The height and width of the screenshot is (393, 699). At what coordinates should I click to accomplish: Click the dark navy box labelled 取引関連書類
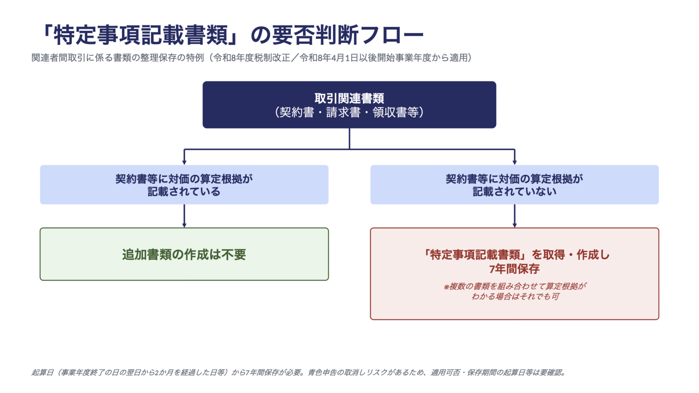click(349, 105)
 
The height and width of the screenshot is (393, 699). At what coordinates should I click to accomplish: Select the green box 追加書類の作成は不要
click(184, 254)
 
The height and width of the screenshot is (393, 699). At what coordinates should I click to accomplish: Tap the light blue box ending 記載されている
click(184, 185)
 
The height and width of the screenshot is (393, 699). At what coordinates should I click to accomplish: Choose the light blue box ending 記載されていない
click(515, 185)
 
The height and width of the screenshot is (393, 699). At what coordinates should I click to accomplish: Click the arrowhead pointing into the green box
click(184, 225)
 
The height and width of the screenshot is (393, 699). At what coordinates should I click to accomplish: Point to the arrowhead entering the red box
click(515, 225)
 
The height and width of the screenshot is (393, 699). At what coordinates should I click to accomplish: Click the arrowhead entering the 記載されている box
click(184, 162)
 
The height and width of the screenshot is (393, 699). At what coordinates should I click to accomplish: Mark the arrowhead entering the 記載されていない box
click(515, 162)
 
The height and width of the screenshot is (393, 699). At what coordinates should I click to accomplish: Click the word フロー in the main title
click(393, 35)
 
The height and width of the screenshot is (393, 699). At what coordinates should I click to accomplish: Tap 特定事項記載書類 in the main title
click(140, 35)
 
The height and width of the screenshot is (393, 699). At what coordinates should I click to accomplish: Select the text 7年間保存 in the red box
click(515, 269)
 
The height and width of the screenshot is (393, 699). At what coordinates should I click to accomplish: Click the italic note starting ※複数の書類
click(515, 291)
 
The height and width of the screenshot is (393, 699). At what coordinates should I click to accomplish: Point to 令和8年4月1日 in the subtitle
click(329, 58)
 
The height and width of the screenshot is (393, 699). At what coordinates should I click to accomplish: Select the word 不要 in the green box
click(234, 255)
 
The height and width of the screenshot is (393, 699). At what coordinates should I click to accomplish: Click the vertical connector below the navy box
click(349, 138)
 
